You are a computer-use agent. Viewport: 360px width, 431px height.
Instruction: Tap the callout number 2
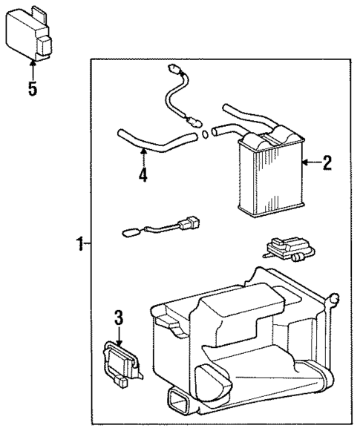click(326, 163)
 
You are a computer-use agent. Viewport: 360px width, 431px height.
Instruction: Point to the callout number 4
click(142, 175)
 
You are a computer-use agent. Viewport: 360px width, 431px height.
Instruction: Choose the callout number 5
click(32, 88)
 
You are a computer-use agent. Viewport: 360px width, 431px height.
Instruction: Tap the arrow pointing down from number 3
click(117, 334)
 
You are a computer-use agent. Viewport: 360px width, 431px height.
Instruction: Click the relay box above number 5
click(32, 35)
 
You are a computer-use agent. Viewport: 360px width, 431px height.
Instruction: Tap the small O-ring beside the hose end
click(203, 135)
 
